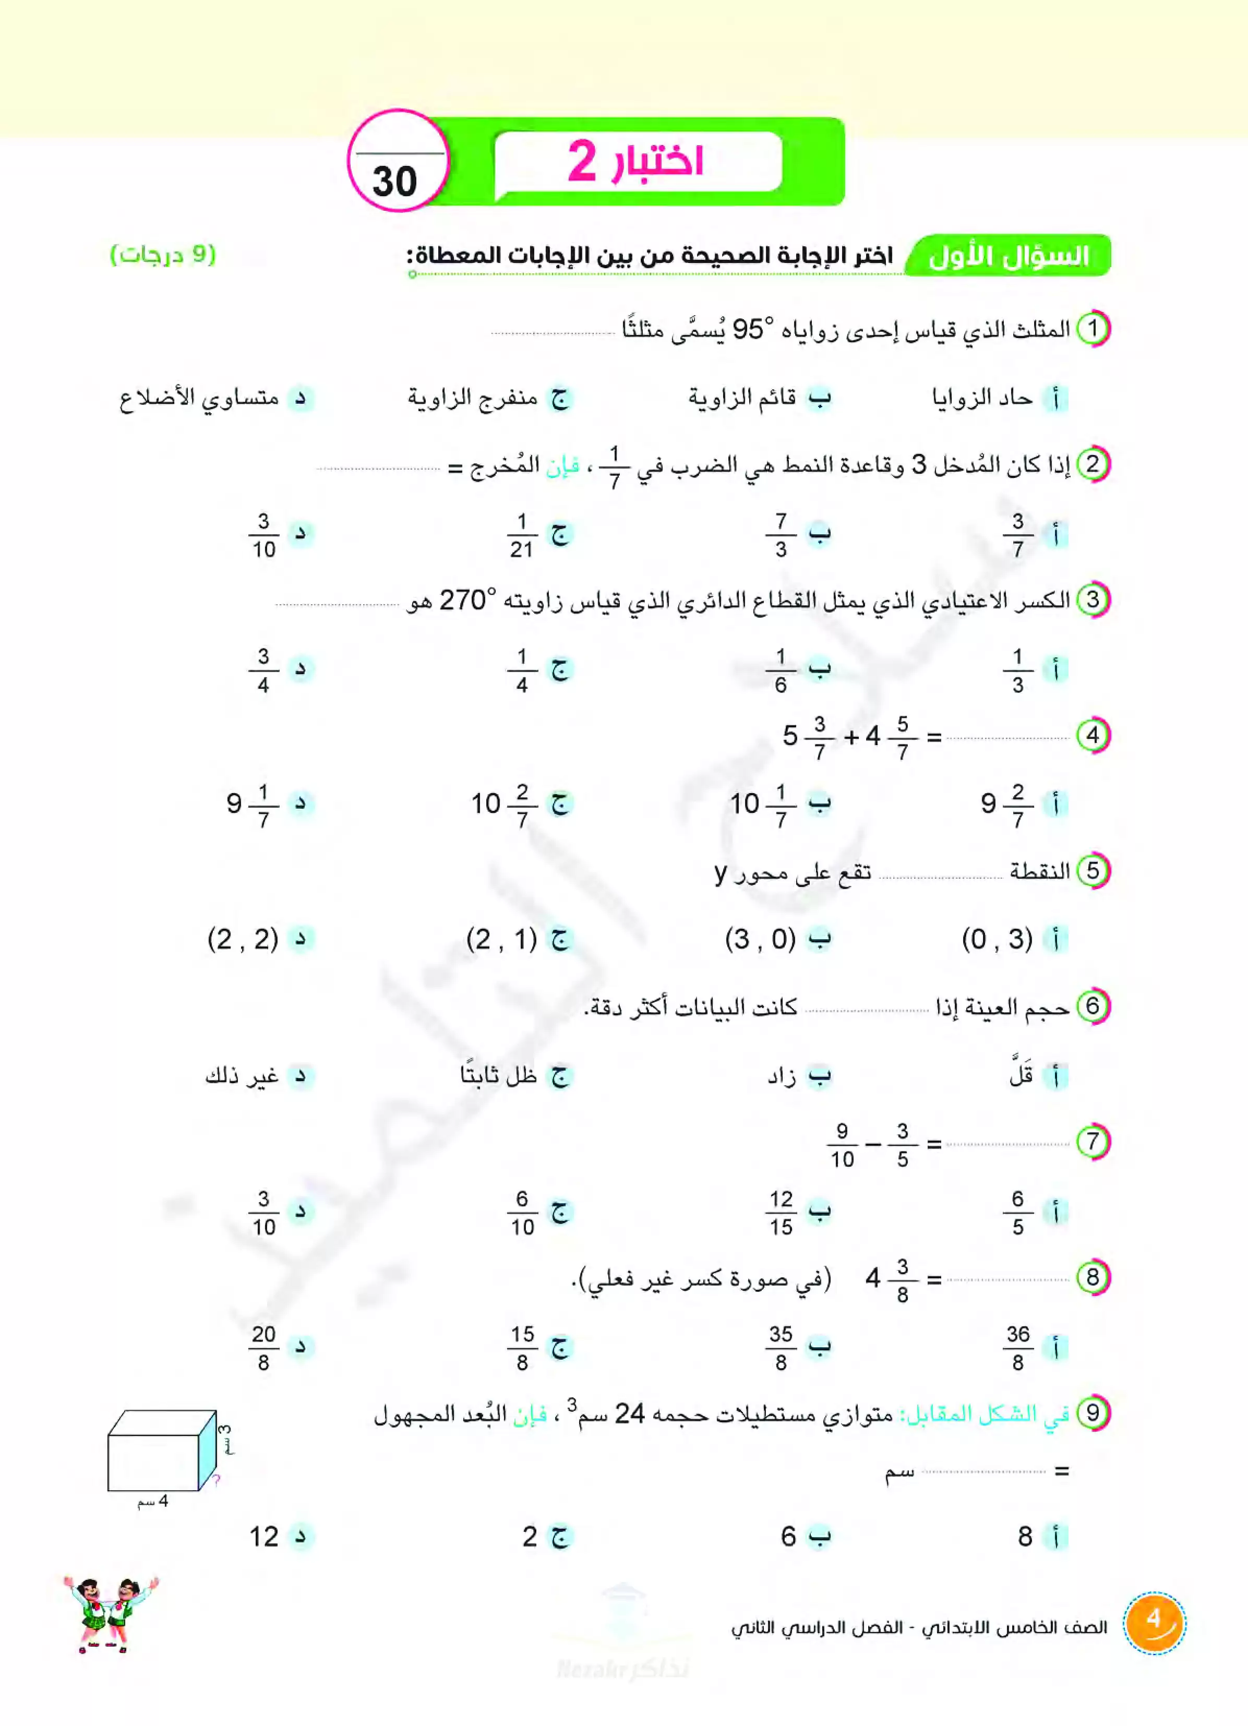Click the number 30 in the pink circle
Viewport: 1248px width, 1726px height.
(x=395, y=181)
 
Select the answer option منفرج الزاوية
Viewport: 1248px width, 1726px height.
(x=473, y=398)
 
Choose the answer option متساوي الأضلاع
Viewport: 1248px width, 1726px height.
(x=199, y=398)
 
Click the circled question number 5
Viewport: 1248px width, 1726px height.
(x=1093, y=871)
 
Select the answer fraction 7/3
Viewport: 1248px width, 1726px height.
(x=781, y=535)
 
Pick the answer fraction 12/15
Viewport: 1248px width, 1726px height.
(x=781, y=1212)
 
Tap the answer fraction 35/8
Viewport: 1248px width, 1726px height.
(x=781, y=1348)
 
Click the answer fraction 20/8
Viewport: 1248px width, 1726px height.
(x=263, y=1348)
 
